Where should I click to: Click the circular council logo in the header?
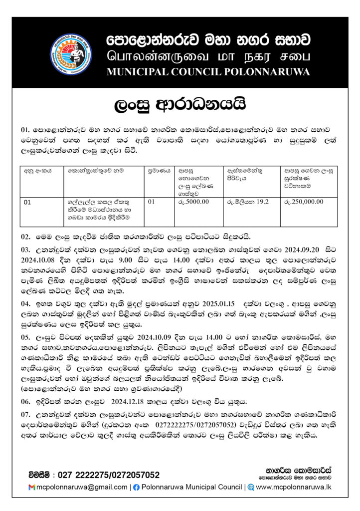71,54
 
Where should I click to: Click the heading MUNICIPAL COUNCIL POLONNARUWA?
208,72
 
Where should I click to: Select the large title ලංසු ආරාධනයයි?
180,105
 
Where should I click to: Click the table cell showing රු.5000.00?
193,202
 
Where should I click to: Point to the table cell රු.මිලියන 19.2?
248,202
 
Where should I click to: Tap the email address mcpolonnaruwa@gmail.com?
82,487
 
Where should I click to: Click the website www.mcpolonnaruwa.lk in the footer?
294,487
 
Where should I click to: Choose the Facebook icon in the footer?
136,487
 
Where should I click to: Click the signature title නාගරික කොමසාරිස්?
299,470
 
